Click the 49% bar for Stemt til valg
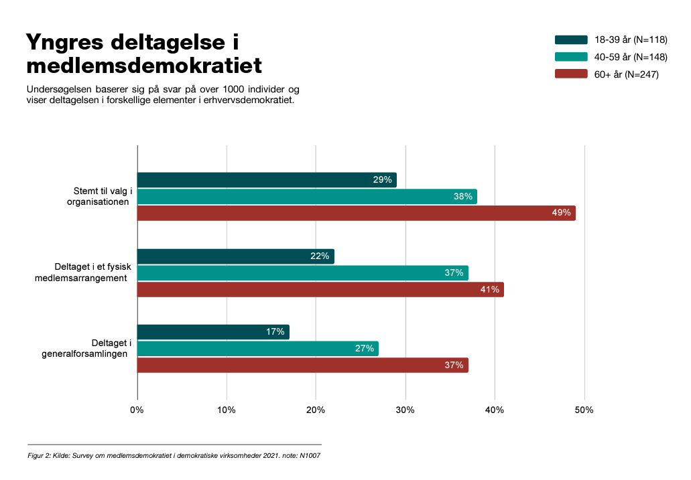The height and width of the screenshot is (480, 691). pos(356,213)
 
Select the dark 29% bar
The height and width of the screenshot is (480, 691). pos(267,179)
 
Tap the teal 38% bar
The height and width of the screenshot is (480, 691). pos(307,196)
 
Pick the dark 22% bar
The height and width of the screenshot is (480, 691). pos(235,256)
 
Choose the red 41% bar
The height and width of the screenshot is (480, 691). pos(320,290)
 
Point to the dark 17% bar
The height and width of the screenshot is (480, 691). pos(213,332)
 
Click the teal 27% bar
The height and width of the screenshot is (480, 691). pos(257,348)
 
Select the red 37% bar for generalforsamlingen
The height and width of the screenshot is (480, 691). pos(302,365)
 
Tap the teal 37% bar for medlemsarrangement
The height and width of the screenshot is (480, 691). pos(302,273)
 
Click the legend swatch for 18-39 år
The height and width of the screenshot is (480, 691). pos(571,39)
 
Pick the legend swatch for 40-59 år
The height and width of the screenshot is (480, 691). pos(571,57)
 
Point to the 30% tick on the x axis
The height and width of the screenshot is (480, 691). pos(405,410)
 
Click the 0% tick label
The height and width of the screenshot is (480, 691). pos(137,410)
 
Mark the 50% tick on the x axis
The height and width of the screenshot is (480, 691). pos(584,410)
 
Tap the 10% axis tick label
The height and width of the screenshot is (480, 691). pos(227,410)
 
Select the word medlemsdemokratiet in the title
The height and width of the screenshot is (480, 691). pos(143,66)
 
